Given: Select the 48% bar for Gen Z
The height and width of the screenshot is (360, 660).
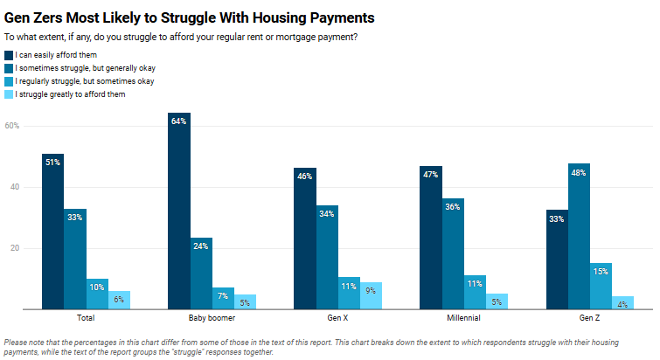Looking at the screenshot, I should click(x=579, y=236).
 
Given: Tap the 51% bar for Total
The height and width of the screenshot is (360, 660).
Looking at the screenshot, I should click(x=52, y=231).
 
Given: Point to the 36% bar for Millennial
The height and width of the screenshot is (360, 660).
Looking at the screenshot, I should click(x=453, y=253).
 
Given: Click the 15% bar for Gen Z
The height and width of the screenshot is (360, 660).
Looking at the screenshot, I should click(x=601, y=286).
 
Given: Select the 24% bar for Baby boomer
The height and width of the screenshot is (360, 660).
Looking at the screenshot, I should click(x=201, y=273).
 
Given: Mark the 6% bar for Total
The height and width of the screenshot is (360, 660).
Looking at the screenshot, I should click(x=119, y=300).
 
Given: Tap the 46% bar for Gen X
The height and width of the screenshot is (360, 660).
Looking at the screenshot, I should click(x=305, y=239).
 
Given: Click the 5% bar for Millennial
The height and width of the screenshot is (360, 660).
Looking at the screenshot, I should click(x=497, y=301).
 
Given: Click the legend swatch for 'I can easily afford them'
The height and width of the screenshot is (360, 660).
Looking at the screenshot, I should click(x=9, y=55).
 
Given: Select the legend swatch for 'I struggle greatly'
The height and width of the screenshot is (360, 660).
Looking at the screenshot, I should click(x=9, y=94).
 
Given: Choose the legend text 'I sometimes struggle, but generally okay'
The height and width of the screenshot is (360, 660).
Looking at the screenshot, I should click(x=86, y=68).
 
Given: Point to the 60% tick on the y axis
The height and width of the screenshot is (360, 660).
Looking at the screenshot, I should click(x=12, y=126).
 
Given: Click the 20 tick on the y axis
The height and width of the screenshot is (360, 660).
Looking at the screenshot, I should click(x=14, y=248).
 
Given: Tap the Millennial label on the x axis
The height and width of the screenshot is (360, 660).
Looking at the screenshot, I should click(x=463, y=317).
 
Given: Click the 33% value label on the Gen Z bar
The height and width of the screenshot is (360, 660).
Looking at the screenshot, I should click(x=557, y=219).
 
